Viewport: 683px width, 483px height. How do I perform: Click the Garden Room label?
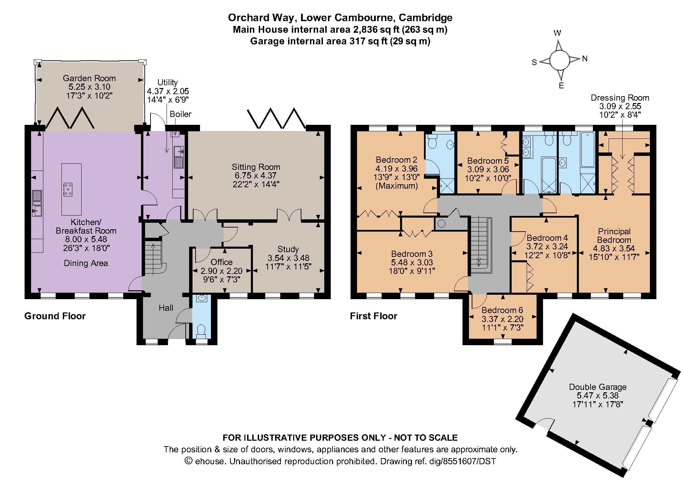89,78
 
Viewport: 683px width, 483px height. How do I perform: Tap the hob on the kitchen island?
68,189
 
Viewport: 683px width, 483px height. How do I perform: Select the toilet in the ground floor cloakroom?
201,330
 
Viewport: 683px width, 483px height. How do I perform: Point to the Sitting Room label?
256,167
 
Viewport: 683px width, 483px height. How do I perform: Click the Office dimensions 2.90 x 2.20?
221,271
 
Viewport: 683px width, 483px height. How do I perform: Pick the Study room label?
288,249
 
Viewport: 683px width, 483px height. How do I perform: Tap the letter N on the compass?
585,59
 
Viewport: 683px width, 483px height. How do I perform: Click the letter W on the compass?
557,33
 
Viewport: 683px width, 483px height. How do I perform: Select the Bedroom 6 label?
502,310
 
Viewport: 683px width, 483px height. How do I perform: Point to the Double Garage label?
598,387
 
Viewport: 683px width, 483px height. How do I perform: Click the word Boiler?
181,114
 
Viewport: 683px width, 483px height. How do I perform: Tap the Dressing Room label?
620,98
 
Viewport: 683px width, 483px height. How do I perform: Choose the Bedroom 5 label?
488,161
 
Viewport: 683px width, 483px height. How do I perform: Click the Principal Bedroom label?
614,235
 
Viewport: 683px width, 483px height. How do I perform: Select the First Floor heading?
373,316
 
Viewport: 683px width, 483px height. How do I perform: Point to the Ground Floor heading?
55,316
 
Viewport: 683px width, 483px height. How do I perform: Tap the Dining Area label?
86,263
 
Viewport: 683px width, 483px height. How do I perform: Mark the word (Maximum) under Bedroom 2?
396,186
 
